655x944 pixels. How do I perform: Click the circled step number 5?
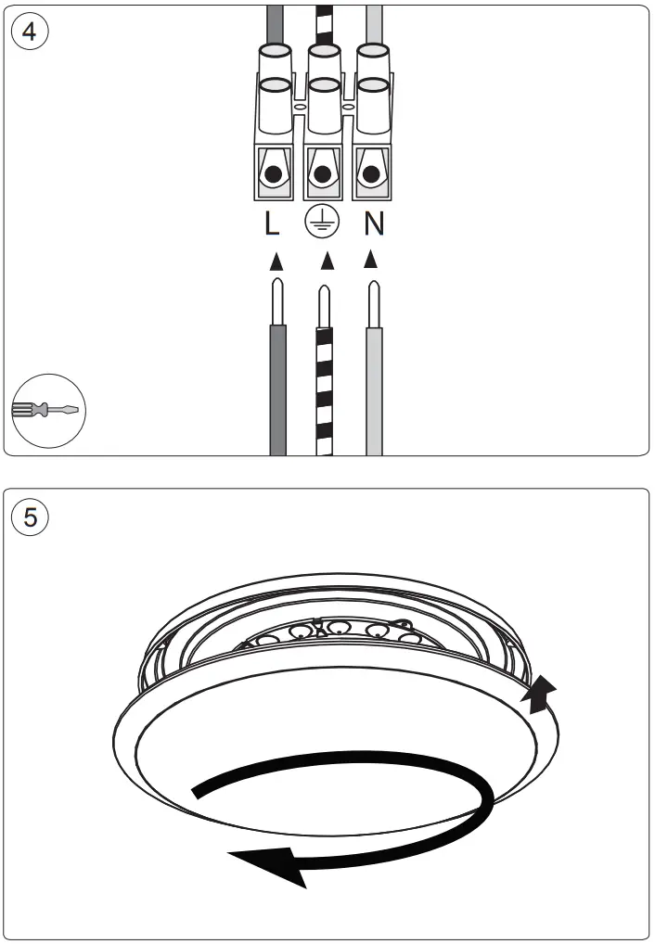coord(31,517)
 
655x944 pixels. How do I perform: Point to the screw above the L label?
coord(273,174)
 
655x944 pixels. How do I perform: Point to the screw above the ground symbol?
coord(323,174)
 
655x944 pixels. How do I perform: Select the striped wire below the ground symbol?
coord(324,389)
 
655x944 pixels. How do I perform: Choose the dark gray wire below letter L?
coord(276,389)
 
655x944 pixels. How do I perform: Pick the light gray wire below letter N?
coord(374,389)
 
